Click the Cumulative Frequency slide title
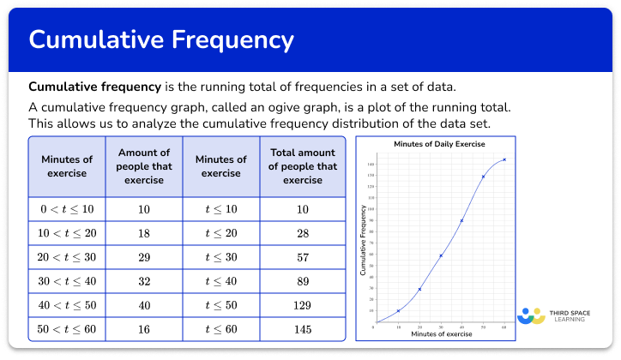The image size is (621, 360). (161, 39)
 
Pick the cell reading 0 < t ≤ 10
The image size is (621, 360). (67, 208)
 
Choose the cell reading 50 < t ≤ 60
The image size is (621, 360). (67, 329)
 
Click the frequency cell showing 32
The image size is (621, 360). (143, 281)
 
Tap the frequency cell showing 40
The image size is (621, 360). (143, 305)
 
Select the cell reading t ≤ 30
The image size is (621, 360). (220, 257)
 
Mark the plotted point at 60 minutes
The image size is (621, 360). (504, 159)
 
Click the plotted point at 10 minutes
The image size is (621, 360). (398, 311)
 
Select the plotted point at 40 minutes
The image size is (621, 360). (462, 220)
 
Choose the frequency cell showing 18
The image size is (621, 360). (143, 233)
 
